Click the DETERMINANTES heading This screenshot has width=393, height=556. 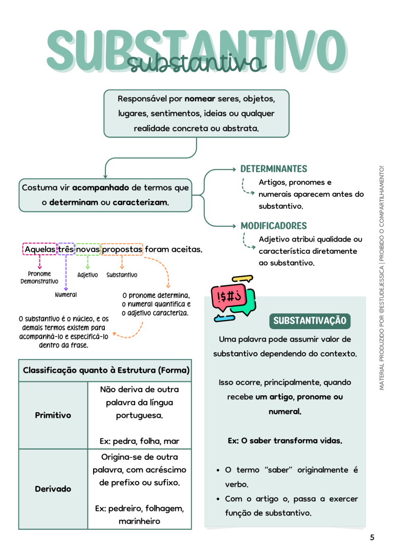tap(274, 169)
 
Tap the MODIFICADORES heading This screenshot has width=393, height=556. tap(274, 226)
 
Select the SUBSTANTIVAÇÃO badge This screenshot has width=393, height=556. tap(310, 320)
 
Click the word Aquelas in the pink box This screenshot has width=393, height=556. tap(40, 249)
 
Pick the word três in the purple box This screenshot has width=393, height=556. tap(66, 249)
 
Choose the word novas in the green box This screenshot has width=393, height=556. tap(88, 249)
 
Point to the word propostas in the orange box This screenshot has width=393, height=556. tap(122, 250)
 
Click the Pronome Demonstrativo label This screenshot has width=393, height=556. tap(39, 277)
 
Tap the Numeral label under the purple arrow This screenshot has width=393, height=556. tap(66, 295)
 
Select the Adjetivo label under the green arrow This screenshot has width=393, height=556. tap(88, 275)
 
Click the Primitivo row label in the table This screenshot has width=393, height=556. tap(53, 415)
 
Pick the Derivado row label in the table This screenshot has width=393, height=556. tap(53, 489)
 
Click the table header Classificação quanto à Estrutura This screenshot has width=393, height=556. tap(106, 370)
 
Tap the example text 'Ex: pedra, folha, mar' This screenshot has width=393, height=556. tap(139, 441)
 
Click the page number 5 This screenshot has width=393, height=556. tap(372, 537)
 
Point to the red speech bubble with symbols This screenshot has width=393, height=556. tap(229, 297)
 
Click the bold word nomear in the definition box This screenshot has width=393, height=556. tap(200, 99)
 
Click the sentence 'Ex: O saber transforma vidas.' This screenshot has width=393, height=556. tap(285, 441)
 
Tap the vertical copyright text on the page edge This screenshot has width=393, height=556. tap(382, 277)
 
